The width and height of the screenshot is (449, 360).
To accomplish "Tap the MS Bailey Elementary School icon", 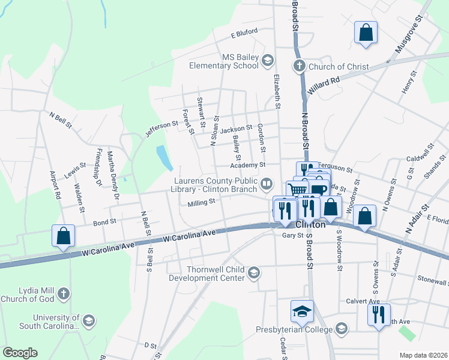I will click(x=267, y=60).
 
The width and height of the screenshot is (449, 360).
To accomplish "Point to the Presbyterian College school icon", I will click(x=342, y=328).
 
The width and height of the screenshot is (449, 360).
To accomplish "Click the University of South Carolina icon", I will click(x=89, y=321).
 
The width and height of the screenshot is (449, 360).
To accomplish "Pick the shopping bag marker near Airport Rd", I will click(x=63, y=236).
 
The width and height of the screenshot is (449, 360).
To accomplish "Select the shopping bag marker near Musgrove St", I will click(x=366, y=32).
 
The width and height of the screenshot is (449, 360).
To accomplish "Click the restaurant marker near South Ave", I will click(x=379, y=315).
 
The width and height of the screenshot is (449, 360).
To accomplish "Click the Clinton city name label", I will click(x=311, y=224).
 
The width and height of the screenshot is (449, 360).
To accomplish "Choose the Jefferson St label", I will click(x=162, y=129).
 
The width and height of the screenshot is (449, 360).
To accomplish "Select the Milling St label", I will click(x=201, y=203).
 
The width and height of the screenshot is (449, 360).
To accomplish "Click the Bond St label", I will click(x=104, y=222).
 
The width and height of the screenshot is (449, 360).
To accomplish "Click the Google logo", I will click(x=20, y=353).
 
